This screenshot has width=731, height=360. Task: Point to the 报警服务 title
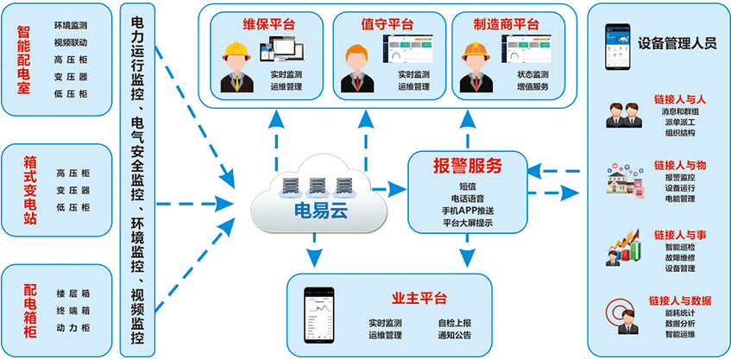tap(466, 164)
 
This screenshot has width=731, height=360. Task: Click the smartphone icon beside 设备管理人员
tap(616, 41)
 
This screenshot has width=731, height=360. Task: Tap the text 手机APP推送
tap(466, 210)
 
